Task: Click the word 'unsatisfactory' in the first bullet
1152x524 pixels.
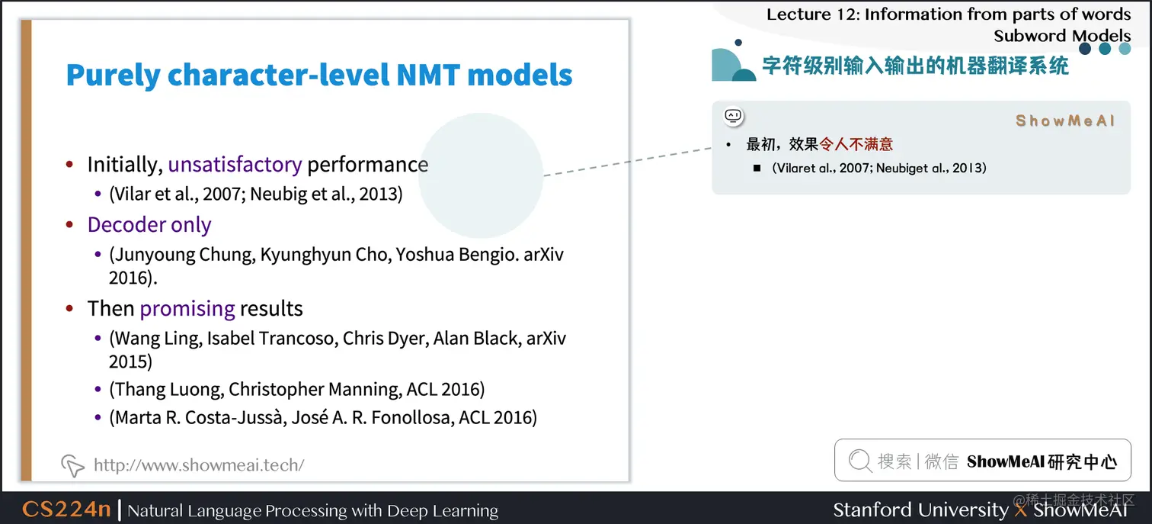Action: tap(235, 165)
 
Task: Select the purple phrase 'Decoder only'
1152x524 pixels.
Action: tap(149, 225)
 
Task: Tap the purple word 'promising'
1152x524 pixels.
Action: tap(187, 309)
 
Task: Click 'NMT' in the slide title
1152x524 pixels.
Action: tap(427, 75)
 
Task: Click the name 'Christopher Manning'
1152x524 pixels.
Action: tap(314, 389)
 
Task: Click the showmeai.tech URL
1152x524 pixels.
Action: tap(199, 465)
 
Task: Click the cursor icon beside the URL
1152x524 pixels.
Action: tap(72, 465)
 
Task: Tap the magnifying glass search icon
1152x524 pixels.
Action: tap(860, 461)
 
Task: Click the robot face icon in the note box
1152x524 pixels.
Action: tap(734, 116)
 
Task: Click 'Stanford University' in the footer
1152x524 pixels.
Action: tap(920, 510)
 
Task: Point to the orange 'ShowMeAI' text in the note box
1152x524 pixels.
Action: tap(1065, 121)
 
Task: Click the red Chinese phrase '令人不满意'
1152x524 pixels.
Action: tap(856, 144)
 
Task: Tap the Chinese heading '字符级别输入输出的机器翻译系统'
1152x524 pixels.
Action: tap(916, 66)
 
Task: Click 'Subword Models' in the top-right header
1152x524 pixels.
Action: tap(1062, 36)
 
